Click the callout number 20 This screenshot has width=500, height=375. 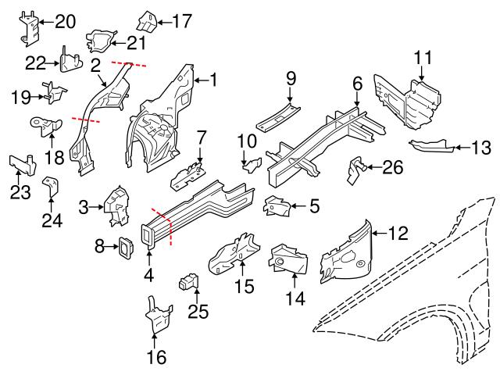(x=65, y=21)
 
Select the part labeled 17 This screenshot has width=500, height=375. (x=148, y=21)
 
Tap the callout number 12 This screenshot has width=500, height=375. (x=398, y=231)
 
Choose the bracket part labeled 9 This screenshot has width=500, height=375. (x=278, y=117)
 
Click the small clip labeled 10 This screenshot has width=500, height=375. (x=252, y=162)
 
